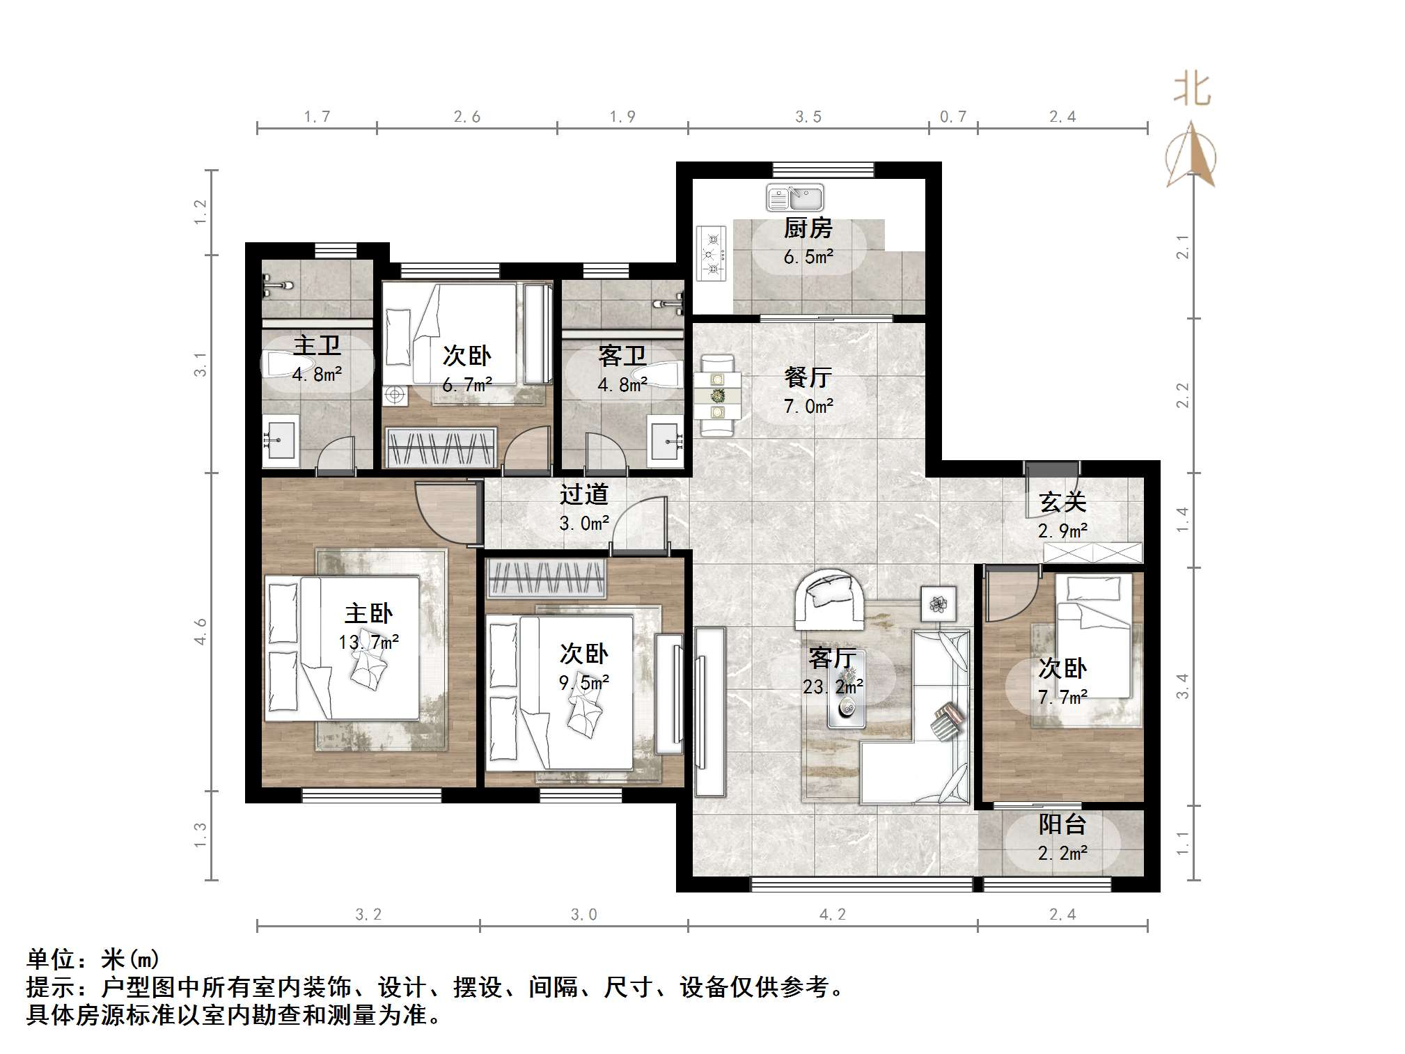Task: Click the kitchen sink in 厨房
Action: point(794,198)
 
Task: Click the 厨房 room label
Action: point(808,228)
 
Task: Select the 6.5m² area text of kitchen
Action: point(808,257)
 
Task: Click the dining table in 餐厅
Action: point(717,395)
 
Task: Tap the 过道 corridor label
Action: point(583,494)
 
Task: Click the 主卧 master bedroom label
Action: point(368,613)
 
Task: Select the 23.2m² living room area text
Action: point(833,686)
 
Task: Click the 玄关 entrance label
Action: point(1062,502)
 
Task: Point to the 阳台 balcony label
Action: point(1062,824)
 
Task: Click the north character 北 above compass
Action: point(1192,91)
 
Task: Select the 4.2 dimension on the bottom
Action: point(832,914)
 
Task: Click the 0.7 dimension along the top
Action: point(952,117)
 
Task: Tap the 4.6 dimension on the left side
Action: point(201,631)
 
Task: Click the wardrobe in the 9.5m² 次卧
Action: point(546,579)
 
